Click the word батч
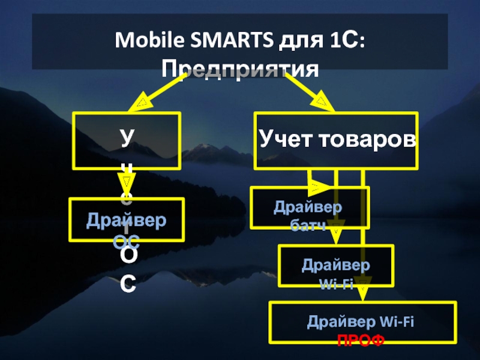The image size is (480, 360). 310,226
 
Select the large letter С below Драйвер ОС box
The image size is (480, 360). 127,284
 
